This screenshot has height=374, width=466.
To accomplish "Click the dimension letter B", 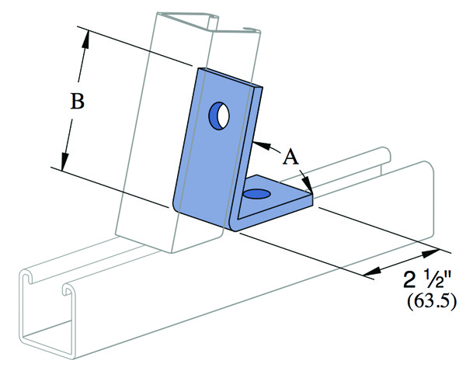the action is coord(77,101).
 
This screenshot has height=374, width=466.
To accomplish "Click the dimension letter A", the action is coord(290,157).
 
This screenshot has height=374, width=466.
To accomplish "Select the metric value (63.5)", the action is coord(431,302).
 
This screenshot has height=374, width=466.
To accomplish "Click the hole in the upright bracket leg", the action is coord(219,116).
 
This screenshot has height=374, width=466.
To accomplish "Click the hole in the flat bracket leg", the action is coord(257,194).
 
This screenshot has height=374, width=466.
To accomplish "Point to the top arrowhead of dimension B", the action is coord(86,39).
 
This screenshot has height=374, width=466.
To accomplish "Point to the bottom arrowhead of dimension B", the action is coord(64,161).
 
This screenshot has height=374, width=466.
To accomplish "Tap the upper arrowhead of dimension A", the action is coord(263,145).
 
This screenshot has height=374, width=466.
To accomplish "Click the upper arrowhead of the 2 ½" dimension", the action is coord(430,254).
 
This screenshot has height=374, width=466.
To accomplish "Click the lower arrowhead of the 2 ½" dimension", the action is coord(373,271).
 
